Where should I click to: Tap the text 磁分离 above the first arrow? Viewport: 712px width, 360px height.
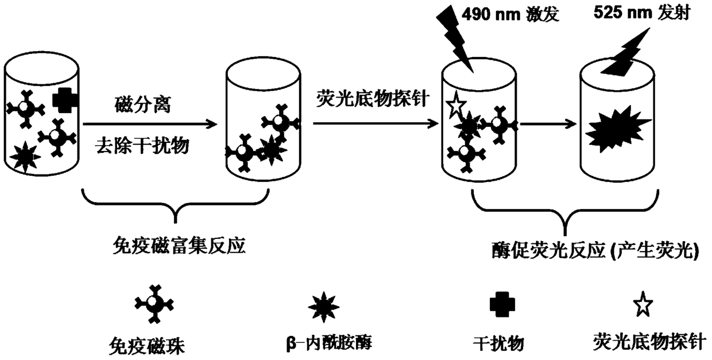(x=142, y=106)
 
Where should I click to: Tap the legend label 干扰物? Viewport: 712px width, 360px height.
(x=497, y=343)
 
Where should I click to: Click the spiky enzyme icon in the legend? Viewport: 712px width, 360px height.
(x=324, y=305)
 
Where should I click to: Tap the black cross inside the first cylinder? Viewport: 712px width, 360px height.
(x=65, y=100)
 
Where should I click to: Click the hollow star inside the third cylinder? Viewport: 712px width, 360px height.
(x=455, y=106)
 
